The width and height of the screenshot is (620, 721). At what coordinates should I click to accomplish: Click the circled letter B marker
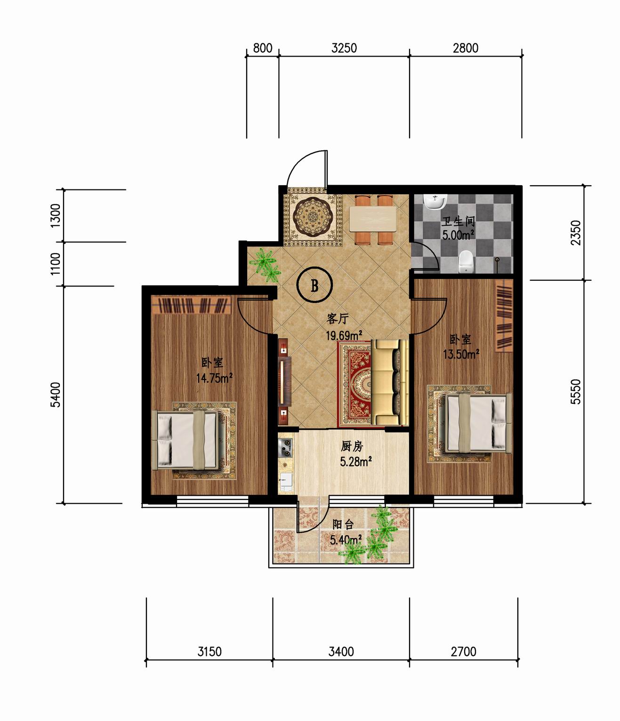pyautogui.click(x=314, y=284)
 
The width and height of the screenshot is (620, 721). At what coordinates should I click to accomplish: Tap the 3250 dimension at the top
pyautogui.click(x=344, y=48)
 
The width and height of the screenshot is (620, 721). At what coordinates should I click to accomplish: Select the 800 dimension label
pyautogui.click(x=262, y=48)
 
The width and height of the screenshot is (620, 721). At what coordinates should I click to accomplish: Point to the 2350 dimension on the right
pyautogui.click(x=576, y=233)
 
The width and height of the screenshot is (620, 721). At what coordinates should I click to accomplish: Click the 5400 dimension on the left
pyautogui.click(x=56, y=394)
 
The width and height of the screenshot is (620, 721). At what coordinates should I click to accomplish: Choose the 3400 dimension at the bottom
pyautogui.click(x=341, y=651)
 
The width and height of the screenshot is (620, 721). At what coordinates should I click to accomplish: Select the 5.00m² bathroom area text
pyautogui.click(x=458, y=235)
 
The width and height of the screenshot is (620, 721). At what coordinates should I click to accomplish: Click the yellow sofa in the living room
pyautogui.click(x=390, y=382)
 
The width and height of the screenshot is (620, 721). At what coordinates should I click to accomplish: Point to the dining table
pyautogui.click(x=373, y=219)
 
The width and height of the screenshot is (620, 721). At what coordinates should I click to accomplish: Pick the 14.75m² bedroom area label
pyautogui.click(x=214, y=378)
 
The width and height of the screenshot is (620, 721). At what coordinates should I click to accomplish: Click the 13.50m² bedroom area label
pyautogui.click(x=461, y=354)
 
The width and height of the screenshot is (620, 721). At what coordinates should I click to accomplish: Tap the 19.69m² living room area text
pyautogui.click(x=344, y=336)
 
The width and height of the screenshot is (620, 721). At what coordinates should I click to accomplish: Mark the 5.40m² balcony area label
pyautogui.click(x=346, y=540)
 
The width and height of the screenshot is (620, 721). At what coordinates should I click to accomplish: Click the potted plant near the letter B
pyautogui.click(x=266, y=264)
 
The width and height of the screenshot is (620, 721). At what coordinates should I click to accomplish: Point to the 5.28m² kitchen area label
pyautogui.click(x=355, y=462)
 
